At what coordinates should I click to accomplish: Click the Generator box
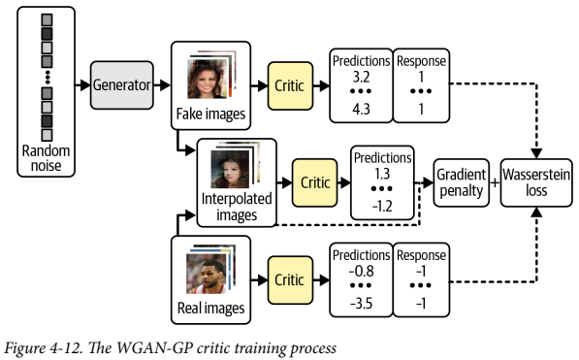(123, 85)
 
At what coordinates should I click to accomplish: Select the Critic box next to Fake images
(289, 85)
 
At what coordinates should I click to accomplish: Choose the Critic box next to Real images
(289, 278)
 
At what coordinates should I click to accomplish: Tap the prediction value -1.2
(382, 206)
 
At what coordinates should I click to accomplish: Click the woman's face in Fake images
(207, 78)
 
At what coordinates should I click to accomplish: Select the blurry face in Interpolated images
(230, 170)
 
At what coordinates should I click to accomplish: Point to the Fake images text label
(209, 115)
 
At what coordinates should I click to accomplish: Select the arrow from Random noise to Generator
(81, 86)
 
